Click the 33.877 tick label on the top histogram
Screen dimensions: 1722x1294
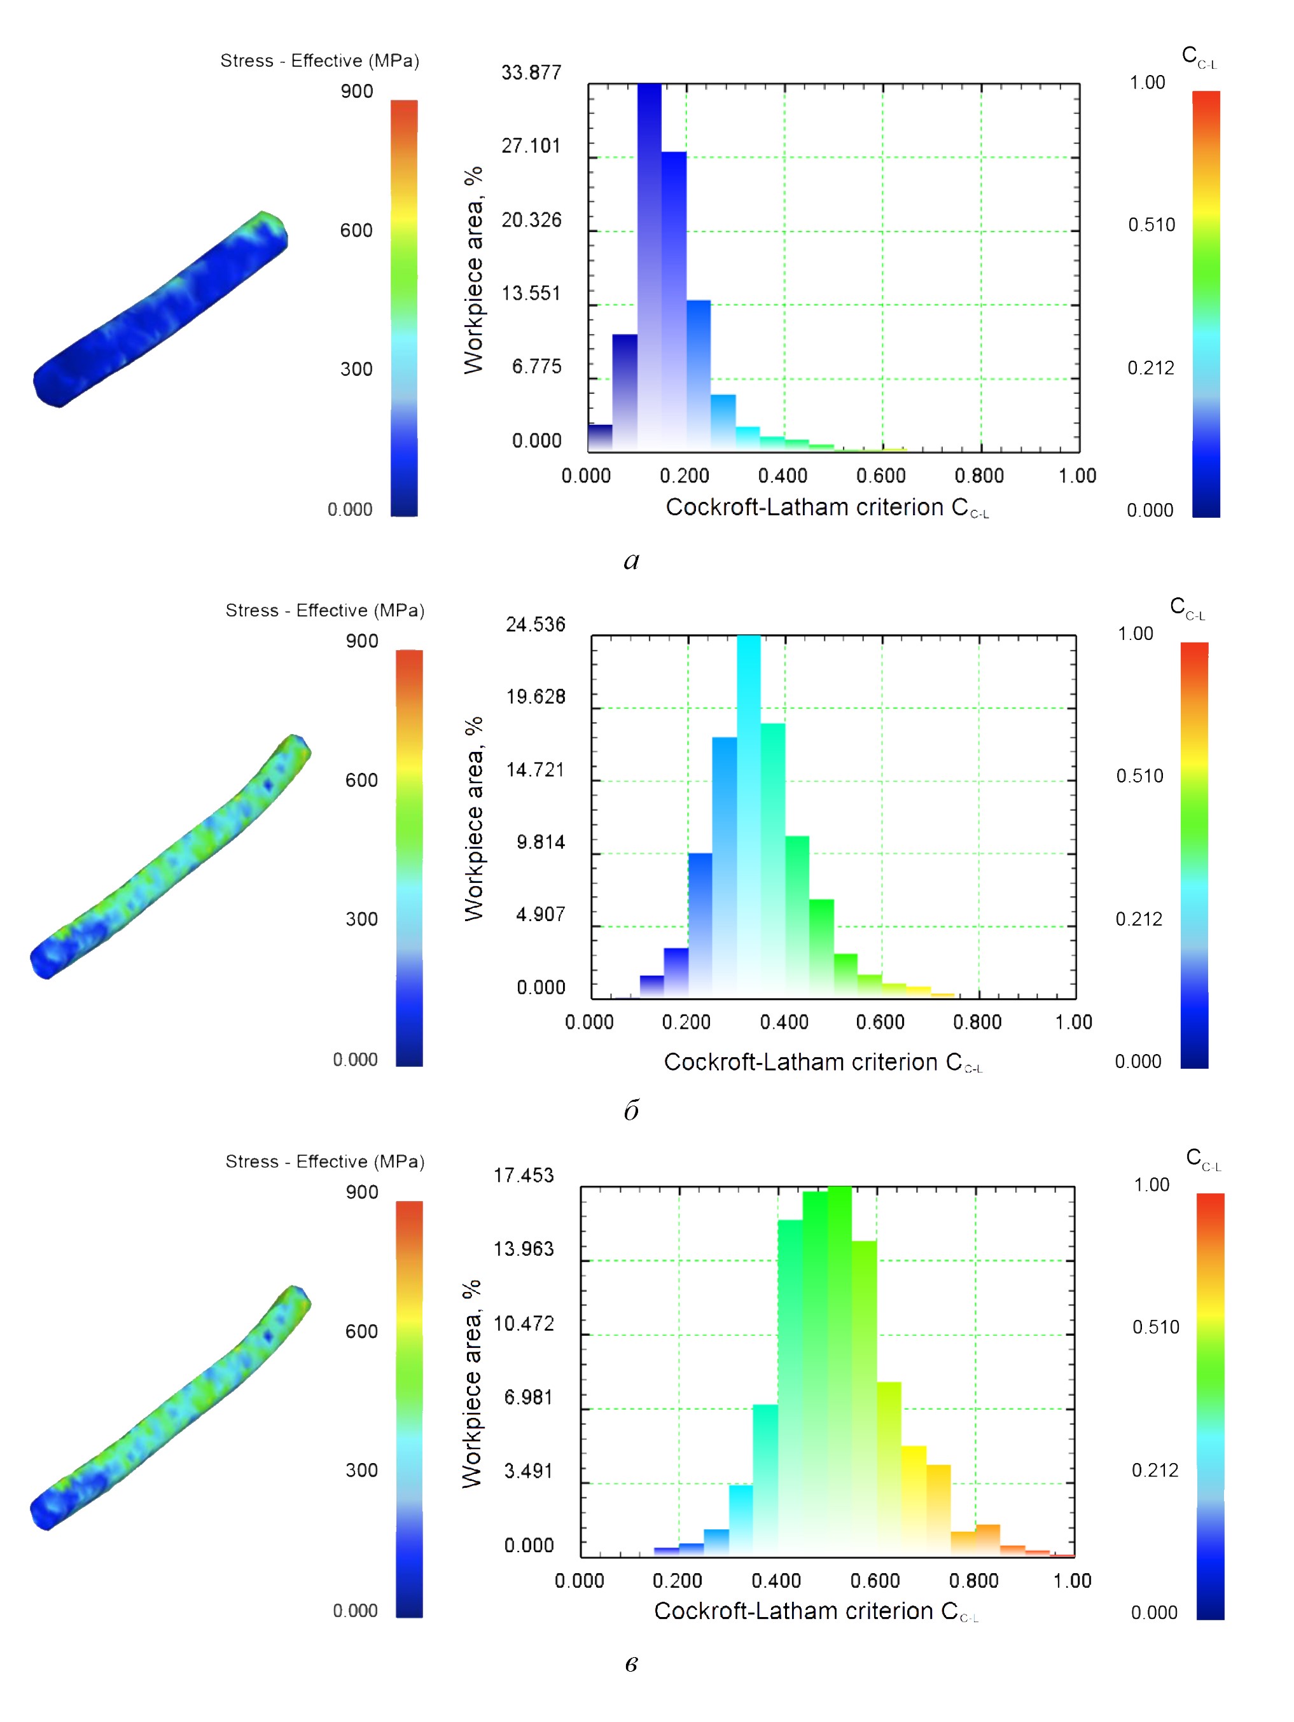(x=531, y=73)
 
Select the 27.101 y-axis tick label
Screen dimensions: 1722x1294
(x=531, y=146)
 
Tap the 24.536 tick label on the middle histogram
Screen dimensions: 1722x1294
(x=536, y=624)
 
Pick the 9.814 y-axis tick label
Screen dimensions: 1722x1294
(x=541, y=842)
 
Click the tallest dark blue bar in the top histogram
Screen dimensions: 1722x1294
(x=650, y=265)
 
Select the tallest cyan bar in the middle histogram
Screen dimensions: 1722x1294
(x=749, y=817)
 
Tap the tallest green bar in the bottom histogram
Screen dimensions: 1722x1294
(x=839, y=1370)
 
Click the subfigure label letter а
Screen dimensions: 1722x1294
(x=632, y=560)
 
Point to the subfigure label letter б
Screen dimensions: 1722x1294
(x=632, y=1110)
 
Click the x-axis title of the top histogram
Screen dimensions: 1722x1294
(x=827, y=508)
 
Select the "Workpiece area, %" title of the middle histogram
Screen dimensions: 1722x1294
(x=473, y=818)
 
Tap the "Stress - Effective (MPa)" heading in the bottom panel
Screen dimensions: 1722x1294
(x=324, y=1162)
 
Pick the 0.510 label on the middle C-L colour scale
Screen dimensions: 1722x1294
(x=1140, y=776)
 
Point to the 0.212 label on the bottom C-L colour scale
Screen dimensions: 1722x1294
(x=1155, y=1469)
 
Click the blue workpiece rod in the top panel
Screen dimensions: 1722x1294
(x=160, y=310)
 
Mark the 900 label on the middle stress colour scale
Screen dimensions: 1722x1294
(x=362, y=641)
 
